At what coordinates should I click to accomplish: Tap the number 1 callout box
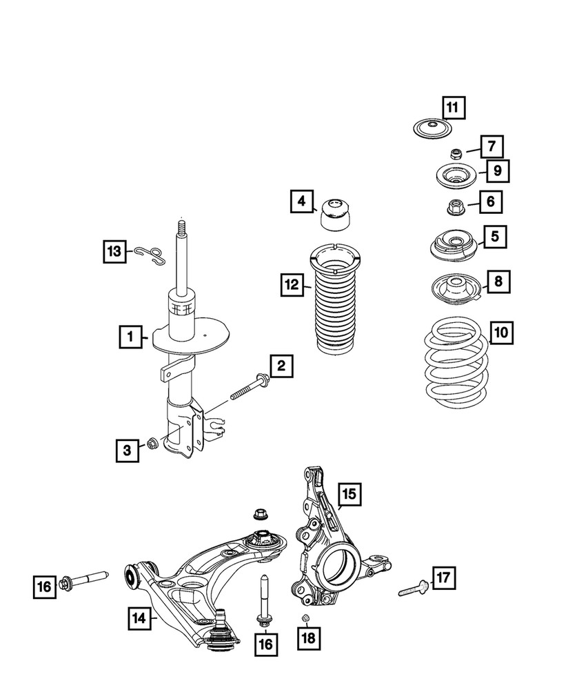[x=128, y=337]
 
